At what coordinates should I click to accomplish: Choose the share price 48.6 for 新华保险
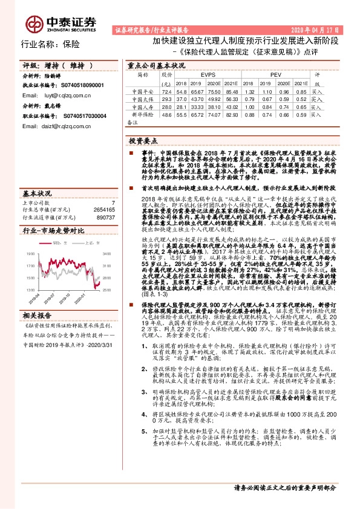click(x=167, y=114)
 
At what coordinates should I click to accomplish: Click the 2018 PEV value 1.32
click(x=249, y=90)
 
